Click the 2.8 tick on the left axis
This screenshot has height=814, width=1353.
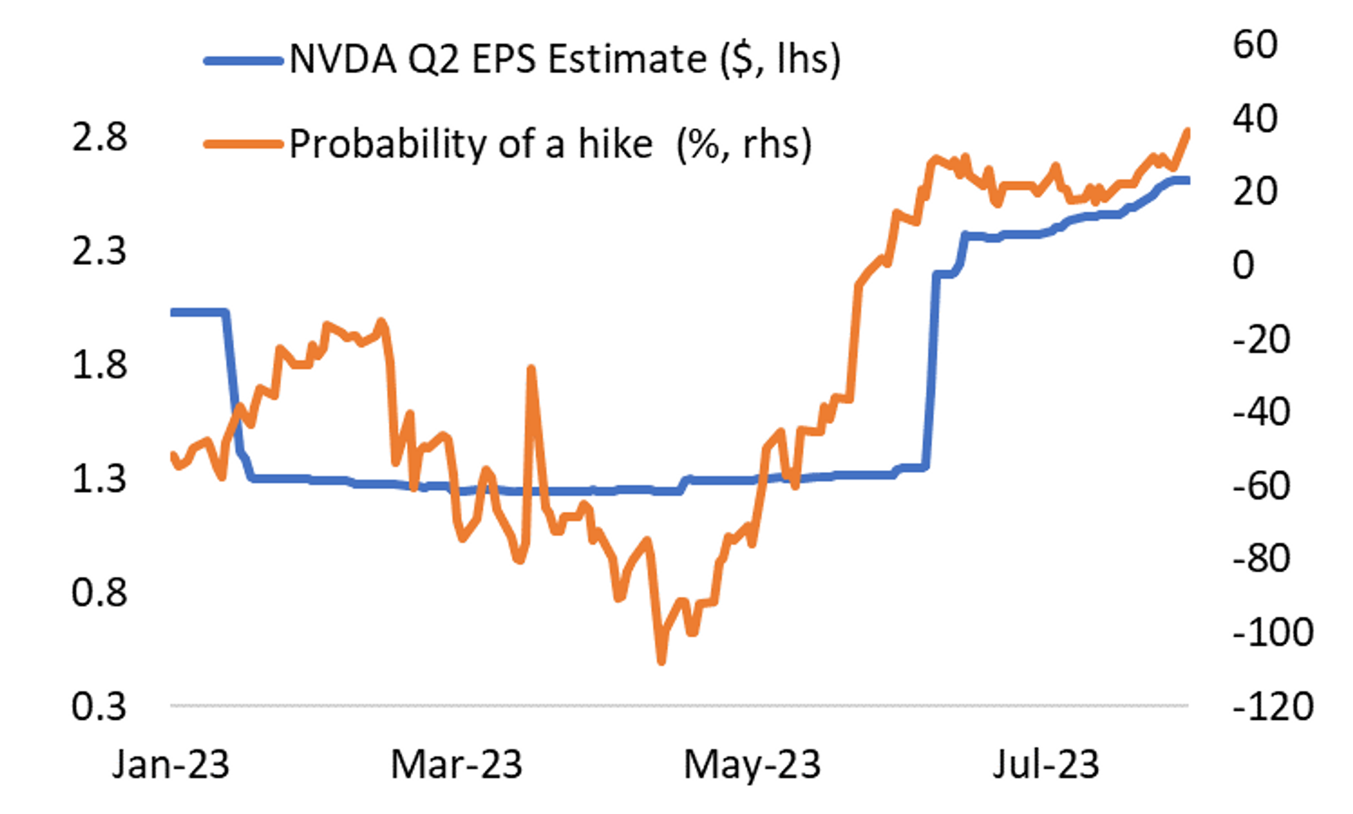point(99,138)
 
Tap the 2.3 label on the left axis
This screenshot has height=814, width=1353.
point(99,251)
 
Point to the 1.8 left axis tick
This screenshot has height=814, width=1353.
point(99,365)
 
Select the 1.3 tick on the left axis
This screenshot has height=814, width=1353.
point(99,478)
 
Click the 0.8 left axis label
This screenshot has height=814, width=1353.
point(99,592)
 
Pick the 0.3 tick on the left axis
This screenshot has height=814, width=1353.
point(99,706)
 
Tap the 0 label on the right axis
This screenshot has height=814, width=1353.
point(1243,265)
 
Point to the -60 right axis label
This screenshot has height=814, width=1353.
point(1261,486)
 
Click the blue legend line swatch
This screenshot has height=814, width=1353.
point(243,60)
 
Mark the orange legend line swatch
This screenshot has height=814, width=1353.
point(243,144)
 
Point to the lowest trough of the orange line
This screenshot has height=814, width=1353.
point(662,662)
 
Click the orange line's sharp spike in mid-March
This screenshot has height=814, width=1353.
point(531,369)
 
